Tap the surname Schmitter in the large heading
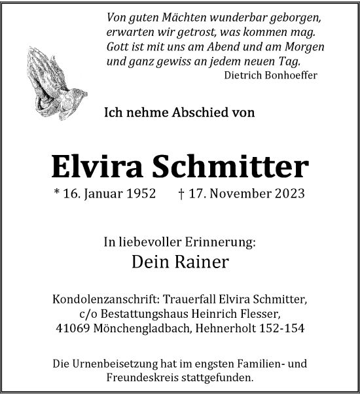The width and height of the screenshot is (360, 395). [230, 168]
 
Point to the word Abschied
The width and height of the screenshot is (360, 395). [196, 112]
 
